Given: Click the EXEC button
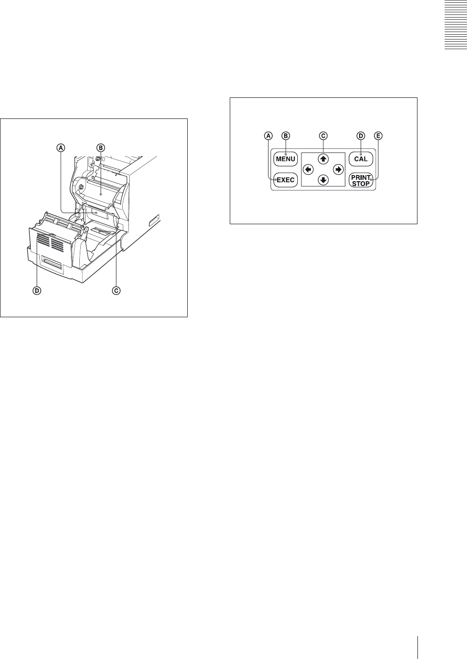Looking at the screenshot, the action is (285, 180).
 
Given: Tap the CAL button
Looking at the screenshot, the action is (361, 159).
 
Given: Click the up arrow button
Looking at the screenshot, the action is (324, 159).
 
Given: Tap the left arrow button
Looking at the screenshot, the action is (309, 169).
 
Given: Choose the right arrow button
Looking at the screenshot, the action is (338, 169).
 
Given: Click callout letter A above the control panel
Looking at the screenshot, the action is (268, 136).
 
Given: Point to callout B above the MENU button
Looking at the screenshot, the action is (285, 136).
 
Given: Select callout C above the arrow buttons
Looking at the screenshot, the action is (324, 136).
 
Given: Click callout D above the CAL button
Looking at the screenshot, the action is (361, 136).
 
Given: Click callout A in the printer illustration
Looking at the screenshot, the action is (61, 148).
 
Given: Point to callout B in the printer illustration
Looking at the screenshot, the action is (100, 148).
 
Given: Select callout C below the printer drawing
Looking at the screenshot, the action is (116, 290).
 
